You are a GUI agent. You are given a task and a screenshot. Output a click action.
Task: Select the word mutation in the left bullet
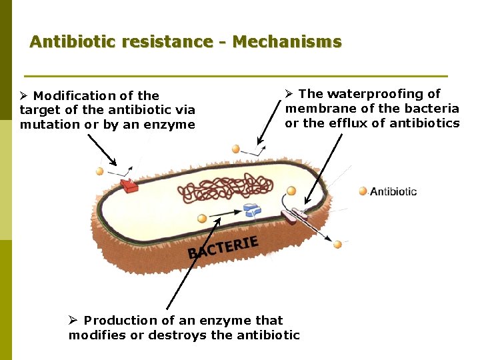click(45, 125)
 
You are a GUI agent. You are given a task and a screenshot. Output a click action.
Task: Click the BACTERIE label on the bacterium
click(223, 247)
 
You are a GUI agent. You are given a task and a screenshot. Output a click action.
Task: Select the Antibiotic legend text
click(393, 192)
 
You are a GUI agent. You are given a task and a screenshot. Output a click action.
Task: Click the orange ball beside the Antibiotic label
click(363, 191)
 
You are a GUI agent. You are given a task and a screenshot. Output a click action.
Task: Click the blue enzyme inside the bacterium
click(252, 211)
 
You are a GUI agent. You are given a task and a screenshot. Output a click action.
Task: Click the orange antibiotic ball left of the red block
click(100, 171)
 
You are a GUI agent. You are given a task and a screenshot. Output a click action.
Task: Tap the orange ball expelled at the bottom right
click(337, 245)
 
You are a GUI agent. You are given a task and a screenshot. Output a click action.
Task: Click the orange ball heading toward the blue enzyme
click(203, 219)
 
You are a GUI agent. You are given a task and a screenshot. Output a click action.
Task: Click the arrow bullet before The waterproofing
click(290, 94)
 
